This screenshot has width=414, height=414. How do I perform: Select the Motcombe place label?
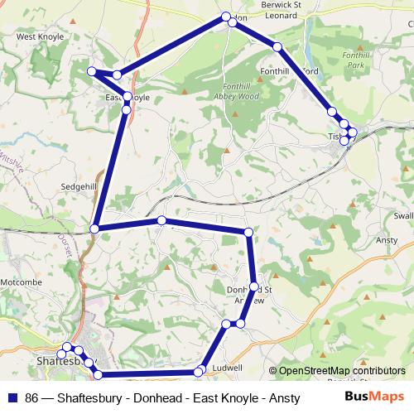(21, 282)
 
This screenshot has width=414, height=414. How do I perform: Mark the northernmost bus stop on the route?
(225, 17)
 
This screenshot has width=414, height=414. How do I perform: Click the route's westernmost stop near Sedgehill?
(96, 228)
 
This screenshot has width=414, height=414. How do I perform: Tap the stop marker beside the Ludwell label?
(200, 371)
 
